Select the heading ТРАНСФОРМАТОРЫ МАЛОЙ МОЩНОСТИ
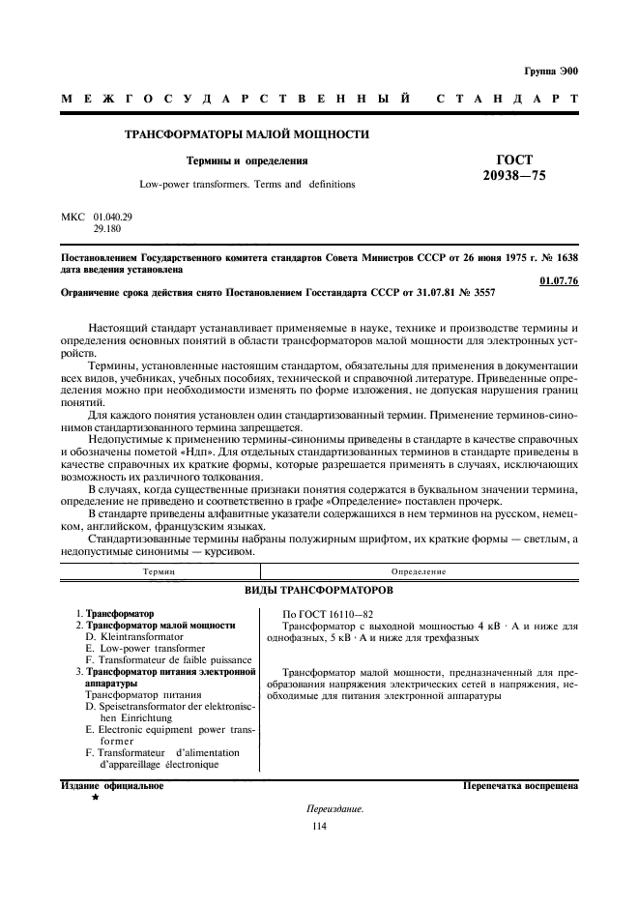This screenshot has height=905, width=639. (x=247, y=134)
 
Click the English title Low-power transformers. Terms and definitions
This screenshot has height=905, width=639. (x=247, y=183)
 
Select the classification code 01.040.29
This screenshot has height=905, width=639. (x=114, y=219)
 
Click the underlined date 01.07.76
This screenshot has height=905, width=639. (x=558, y=281)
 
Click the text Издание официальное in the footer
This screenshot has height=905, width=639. (x=111, y=786)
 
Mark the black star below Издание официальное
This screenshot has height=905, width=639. (x=95, y=799)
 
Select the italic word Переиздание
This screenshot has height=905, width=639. (x=334, y=808)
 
